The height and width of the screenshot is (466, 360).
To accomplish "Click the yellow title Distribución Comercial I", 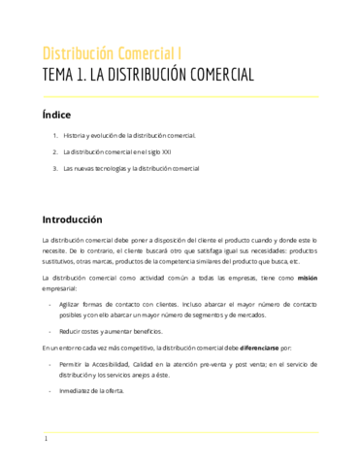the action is pos(111,52).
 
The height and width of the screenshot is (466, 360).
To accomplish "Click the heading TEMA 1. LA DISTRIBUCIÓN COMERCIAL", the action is pos(147,75).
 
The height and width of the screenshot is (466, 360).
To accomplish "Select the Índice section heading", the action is pos(56,115).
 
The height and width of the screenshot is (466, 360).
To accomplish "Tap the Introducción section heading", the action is pos(72,219).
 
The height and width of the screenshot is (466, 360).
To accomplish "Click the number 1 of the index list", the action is pos(54,136).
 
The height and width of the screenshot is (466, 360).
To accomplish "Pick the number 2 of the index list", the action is pos(54,152).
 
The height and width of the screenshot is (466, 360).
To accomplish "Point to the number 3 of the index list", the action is pos(54,169).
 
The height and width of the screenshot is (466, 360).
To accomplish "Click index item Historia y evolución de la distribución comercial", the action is pos(130,136).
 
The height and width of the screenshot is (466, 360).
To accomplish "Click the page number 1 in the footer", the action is pos(45,440).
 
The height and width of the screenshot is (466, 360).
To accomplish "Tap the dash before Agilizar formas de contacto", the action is pos(50,304).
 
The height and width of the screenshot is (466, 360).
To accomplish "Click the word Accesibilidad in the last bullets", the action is pos(113,363).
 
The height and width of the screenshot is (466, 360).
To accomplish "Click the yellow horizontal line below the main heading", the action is pos(180,94).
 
